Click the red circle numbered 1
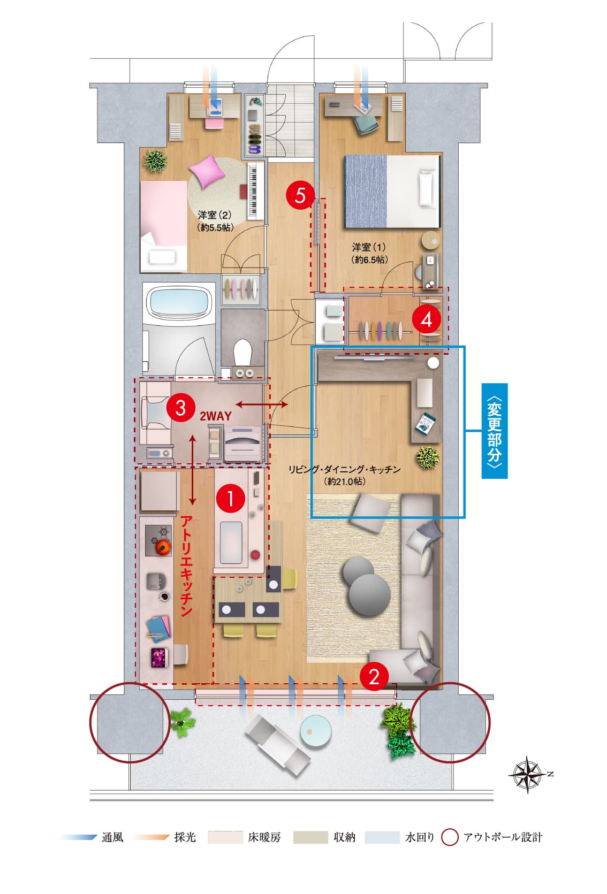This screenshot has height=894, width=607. pos(230,498)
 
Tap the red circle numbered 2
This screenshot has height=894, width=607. pos(374,676)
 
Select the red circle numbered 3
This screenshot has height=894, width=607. pos(180,408)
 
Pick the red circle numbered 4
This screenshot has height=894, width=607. pos(427,319)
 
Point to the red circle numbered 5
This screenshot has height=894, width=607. pos(300,195)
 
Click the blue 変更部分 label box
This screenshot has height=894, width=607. pos(495,431)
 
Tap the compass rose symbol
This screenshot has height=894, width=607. pos(528,774)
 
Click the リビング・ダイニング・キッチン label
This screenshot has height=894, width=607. pos(344,469)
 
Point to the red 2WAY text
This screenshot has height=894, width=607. pos(215,416)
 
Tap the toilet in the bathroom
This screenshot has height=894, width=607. pos(242,352)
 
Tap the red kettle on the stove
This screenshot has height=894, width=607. pos(163,546)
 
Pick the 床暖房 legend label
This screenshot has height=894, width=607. pos(264,837)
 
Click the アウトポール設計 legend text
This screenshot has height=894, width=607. pos(503,837)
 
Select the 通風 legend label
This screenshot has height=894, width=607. pos(112,837)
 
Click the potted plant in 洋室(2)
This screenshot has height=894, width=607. pos(155,161)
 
